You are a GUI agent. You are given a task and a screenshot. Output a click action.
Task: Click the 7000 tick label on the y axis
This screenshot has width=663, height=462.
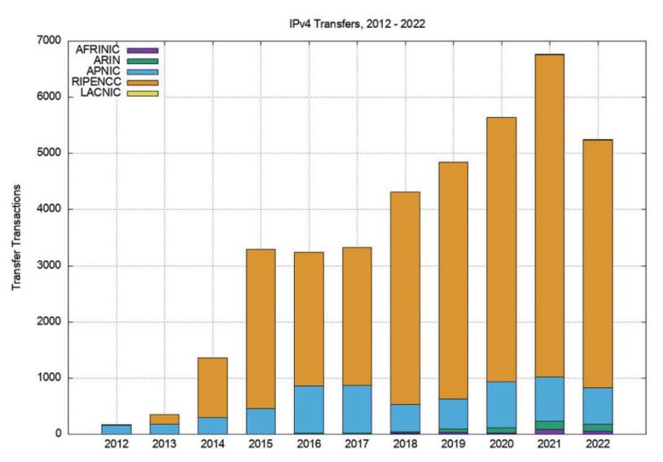(50, 41)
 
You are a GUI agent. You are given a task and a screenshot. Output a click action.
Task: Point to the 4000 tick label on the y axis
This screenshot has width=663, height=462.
(50, 209)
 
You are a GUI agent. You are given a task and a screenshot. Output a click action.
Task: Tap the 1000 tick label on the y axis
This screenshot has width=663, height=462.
(50, 377)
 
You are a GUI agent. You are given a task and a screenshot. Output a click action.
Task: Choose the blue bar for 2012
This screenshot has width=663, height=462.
(116, 429)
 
